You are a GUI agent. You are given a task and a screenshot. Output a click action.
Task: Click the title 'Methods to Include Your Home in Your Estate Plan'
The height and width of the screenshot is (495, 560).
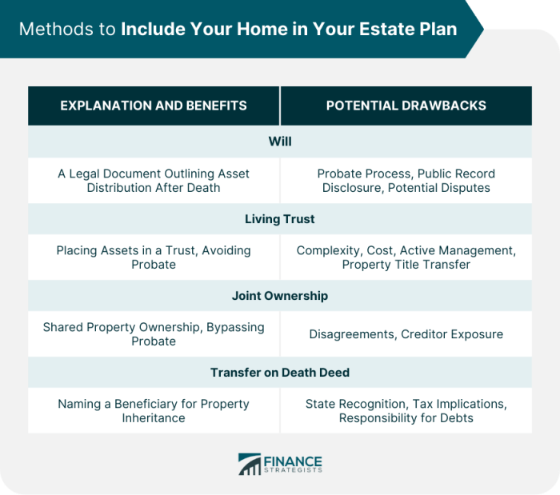(x=238, y=30)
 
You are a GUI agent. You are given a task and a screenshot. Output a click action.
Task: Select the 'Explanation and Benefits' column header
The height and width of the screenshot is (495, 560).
(x=154, y=106)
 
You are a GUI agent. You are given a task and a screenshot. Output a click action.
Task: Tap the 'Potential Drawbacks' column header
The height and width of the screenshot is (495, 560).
(x=406, y=106)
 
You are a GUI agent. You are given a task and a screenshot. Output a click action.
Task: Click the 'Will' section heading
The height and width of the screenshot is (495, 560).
(x=280, y=141)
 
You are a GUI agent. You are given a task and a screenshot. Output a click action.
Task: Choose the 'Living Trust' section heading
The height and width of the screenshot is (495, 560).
(x=280, y=218)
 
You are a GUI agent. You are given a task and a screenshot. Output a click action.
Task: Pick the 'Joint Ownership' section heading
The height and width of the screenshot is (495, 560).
(x=280, y=295)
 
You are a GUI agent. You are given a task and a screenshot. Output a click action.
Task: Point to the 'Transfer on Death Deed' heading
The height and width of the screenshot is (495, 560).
(x=280, y=373)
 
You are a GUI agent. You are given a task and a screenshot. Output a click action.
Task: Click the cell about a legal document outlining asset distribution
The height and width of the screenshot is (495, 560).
(x=154, y=181)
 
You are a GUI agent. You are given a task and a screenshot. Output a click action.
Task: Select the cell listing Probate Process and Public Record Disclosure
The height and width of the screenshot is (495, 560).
(x=406, y=181)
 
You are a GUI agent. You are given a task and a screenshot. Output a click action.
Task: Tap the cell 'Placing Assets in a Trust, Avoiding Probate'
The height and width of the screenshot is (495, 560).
(x=154, y=257)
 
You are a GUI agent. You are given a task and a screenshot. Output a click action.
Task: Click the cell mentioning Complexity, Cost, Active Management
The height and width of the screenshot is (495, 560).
(x=406, y=257)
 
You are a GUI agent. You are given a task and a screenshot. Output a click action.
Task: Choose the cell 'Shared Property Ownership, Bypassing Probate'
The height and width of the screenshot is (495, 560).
(x=154, y=334)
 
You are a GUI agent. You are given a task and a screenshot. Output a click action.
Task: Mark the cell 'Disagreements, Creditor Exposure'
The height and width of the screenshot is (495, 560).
(x=406, y=334)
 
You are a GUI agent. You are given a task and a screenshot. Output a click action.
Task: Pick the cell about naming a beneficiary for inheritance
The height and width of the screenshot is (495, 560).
(x=154, y=411)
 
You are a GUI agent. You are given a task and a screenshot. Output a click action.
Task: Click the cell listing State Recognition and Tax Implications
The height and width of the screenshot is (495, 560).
(x=406, y=411)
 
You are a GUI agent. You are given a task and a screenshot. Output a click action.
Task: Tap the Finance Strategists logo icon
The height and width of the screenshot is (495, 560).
(x=250, y=465)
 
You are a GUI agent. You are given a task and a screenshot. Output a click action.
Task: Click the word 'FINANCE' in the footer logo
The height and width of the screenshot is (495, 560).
(x=293, y=461)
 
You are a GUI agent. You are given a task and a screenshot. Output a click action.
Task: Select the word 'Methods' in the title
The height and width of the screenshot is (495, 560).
(x=51, y=30)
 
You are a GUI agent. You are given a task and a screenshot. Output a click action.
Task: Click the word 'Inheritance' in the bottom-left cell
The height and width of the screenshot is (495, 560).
(x=154, y=418)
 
